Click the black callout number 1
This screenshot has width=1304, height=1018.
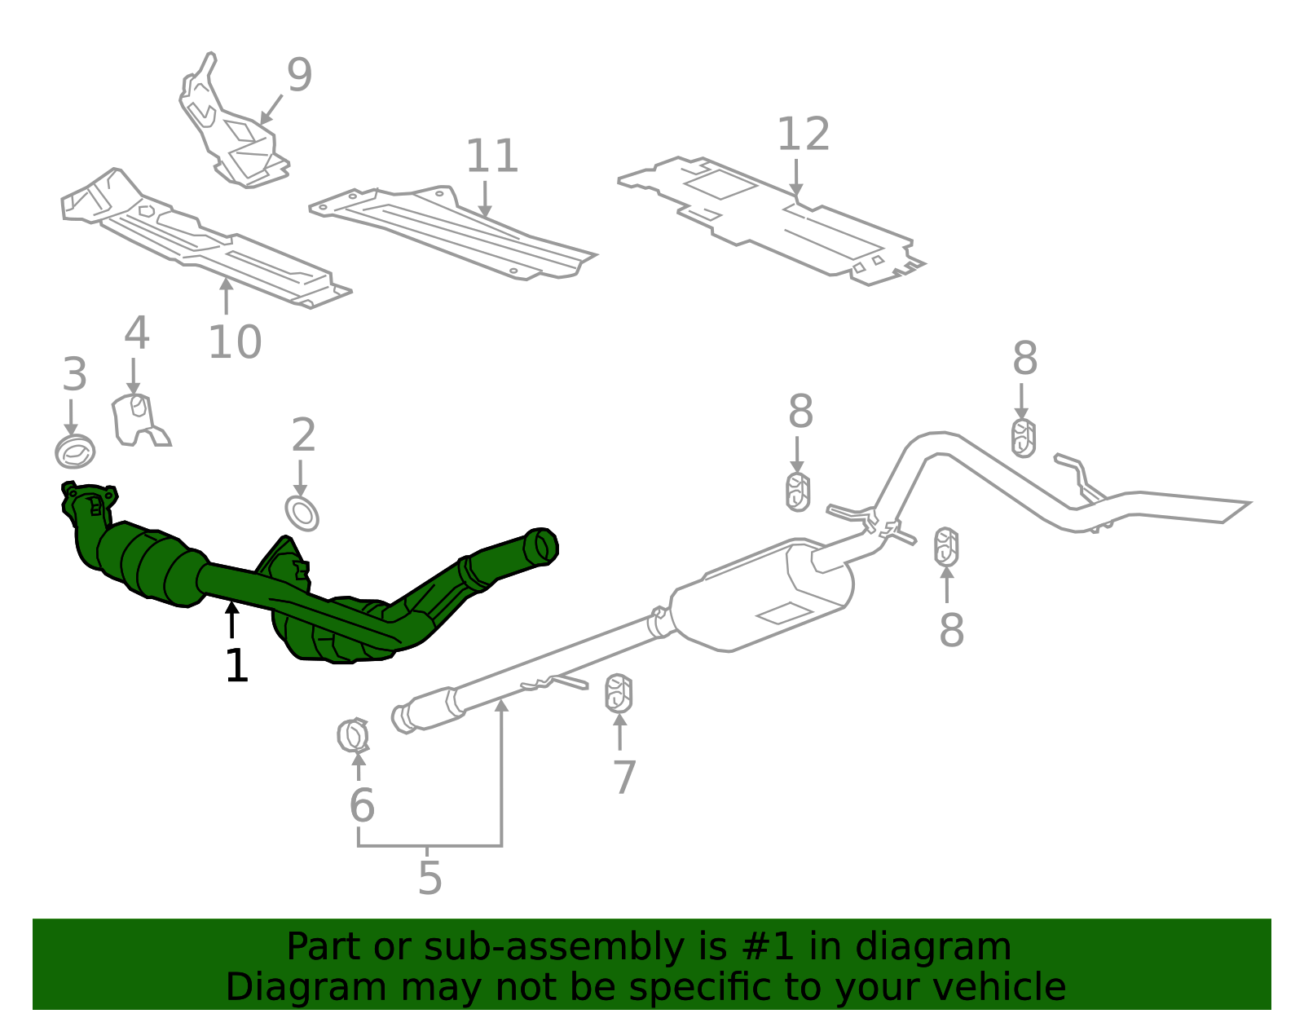click(236, 666)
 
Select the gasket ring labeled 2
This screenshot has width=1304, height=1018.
click(302, 513)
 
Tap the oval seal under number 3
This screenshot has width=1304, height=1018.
click(75, 451)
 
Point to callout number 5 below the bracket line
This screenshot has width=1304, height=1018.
click(430, 878)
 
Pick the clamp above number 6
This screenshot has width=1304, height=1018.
click(354, 735)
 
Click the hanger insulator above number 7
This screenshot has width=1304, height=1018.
click(619, 693)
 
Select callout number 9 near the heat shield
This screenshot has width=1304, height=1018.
click(299, 75)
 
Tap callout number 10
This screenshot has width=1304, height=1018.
click(235, 342)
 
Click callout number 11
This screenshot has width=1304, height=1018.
click(491, 156)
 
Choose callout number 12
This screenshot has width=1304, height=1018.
click(803, 134)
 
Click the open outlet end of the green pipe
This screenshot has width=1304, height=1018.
click(541, 545)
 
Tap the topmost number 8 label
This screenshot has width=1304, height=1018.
click(1024, 359)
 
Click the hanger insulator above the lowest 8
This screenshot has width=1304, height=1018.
click(946, 546)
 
